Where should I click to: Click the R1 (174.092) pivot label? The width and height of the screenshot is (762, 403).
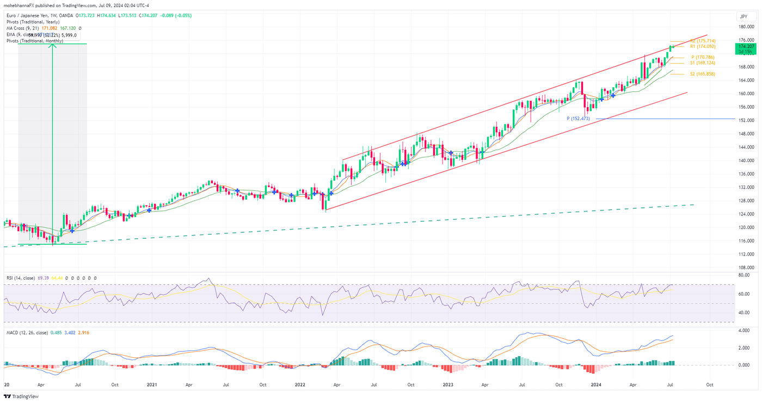click(702, 47)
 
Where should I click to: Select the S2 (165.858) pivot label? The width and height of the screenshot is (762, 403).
click(703, 74)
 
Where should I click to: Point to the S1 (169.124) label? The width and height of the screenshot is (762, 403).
click(703, 63)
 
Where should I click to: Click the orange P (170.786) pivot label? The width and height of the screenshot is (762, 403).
click(703, 57)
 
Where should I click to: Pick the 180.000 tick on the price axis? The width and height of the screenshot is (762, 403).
click(746, 27)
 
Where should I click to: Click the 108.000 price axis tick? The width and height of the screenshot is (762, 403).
click(746, 268)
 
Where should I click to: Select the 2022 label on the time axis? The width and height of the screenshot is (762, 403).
click(300, 385)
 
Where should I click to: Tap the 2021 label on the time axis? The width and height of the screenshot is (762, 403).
click(152, 385)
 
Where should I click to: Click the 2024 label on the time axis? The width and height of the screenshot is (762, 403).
click(596, 385)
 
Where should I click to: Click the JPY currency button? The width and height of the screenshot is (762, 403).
click(743, 16)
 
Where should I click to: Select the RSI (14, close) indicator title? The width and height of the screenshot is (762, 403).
click(21, 278)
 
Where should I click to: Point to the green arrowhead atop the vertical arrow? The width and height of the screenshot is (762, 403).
click(52, 46)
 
